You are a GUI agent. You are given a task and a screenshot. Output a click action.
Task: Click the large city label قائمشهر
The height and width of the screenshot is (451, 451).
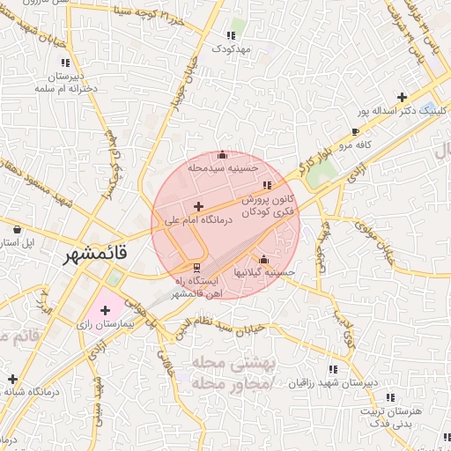tap(96, 255)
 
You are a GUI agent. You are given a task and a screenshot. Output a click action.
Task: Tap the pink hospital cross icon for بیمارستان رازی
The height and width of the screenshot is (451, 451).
tap(106, 310)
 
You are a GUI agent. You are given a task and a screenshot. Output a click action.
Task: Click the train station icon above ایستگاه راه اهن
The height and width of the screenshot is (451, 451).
tap(196, 265)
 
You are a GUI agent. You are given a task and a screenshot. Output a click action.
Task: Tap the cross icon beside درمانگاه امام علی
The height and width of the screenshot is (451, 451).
tap(196, 205)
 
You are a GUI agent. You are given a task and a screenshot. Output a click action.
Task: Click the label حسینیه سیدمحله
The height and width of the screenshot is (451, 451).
tap(224, 167)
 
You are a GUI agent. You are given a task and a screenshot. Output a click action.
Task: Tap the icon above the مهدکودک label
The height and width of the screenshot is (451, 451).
tap(231, 36)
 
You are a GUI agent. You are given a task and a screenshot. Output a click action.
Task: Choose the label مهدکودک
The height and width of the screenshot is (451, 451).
tap(232, 48)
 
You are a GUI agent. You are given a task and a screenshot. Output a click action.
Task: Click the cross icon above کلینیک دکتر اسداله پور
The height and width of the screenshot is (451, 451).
tap(403, 97)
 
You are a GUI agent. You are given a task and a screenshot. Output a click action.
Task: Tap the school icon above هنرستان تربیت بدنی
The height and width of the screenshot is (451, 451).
tap(391, 397)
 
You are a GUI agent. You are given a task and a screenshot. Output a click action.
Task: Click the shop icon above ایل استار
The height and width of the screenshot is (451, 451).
tap(17, 229)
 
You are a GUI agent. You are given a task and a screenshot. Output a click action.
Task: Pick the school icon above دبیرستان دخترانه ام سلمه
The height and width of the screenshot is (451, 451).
tap(64, 63)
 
